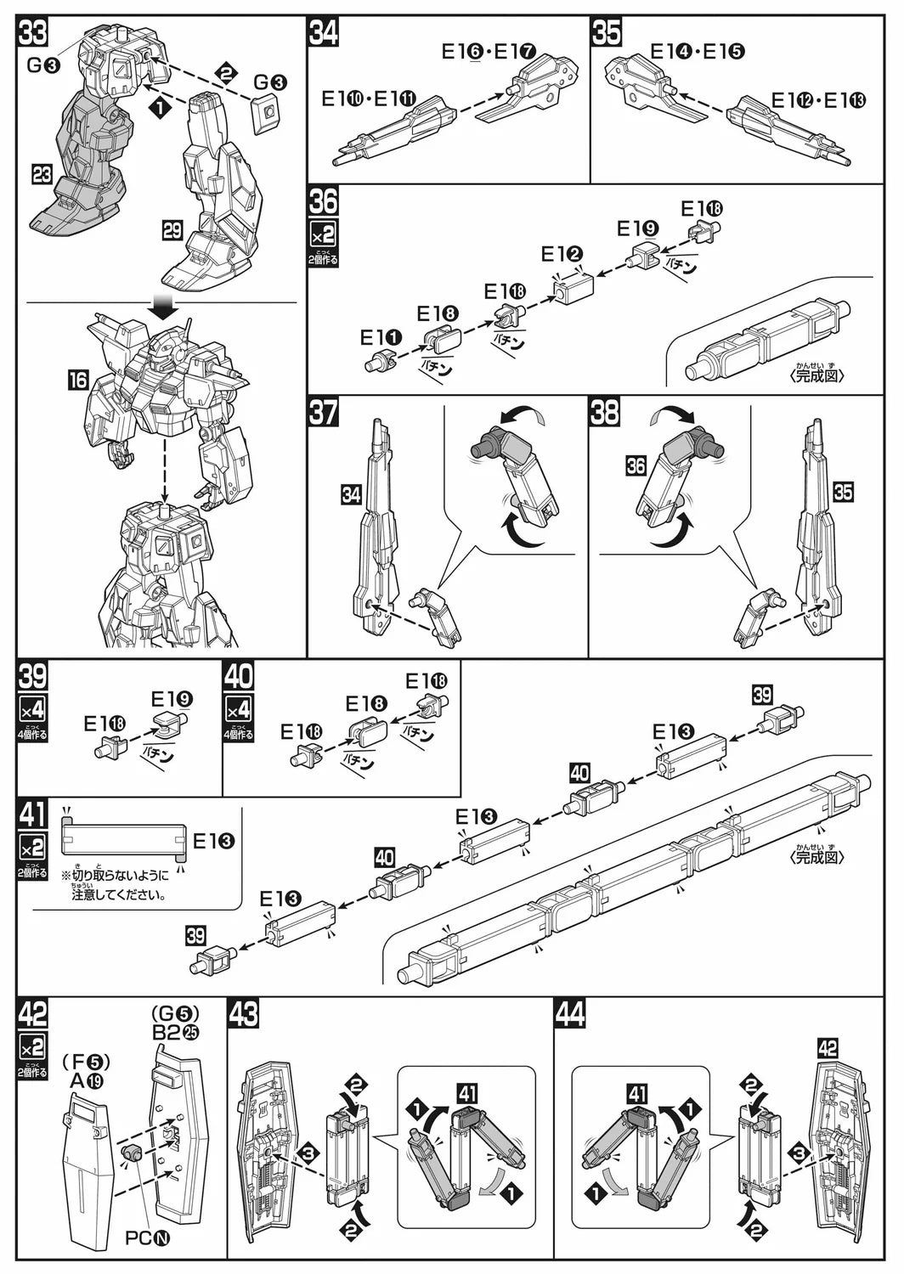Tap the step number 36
[323, 202]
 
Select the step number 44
[568, 1014]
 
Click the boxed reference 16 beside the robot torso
[77, 379]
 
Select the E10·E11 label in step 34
[369, 99]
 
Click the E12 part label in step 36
[562, 254]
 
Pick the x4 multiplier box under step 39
[33, 708]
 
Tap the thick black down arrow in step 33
[161, 307]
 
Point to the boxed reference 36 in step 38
[635, 465]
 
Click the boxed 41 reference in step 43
[467, 1092]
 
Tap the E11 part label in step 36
[381, 337]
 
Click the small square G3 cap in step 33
[267, 111]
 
